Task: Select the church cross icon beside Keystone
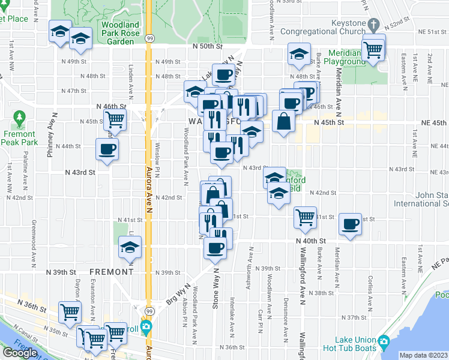(373, 25)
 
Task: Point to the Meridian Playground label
(346, 58)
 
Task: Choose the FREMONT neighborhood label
(111, 272)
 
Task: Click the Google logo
(19, 353)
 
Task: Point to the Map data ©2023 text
(423, 355)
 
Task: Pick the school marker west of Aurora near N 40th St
(130, 247)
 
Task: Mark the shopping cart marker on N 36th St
(70, 313)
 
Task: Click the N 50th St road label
(208, 46)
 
